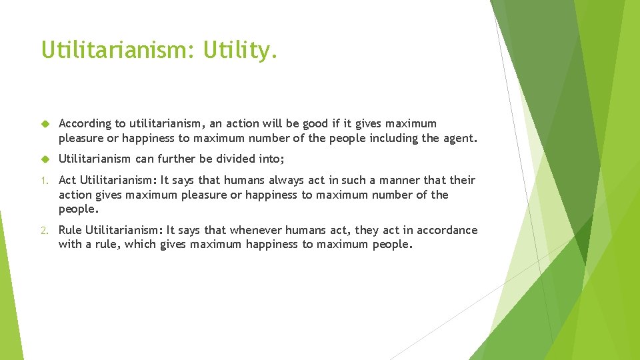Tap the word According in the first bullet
(85, 123)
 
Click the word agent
(459, 138)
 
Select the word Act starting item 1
(68, 180)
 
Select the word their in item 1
(462, 180)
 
